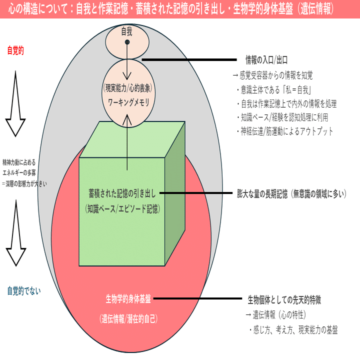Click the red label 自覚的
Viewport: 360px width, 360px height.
click(x=15, y=50)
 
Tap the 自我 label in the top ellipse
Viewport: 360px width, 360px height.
click(x=127, y=32)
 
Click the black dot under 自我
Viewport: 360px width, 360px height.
click(x=127, y=42)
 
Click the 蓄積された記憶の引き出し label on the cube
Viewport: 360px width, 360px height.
click(x=122, y=193)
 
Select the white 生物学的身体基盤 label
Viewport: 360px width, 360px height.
click(x=128, y=299)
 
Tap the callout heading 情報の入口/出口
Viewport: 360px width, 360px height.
click(x=266, y=60)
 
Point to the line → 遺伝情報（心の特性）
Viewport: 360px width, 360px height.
click(x=275, y=315)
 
